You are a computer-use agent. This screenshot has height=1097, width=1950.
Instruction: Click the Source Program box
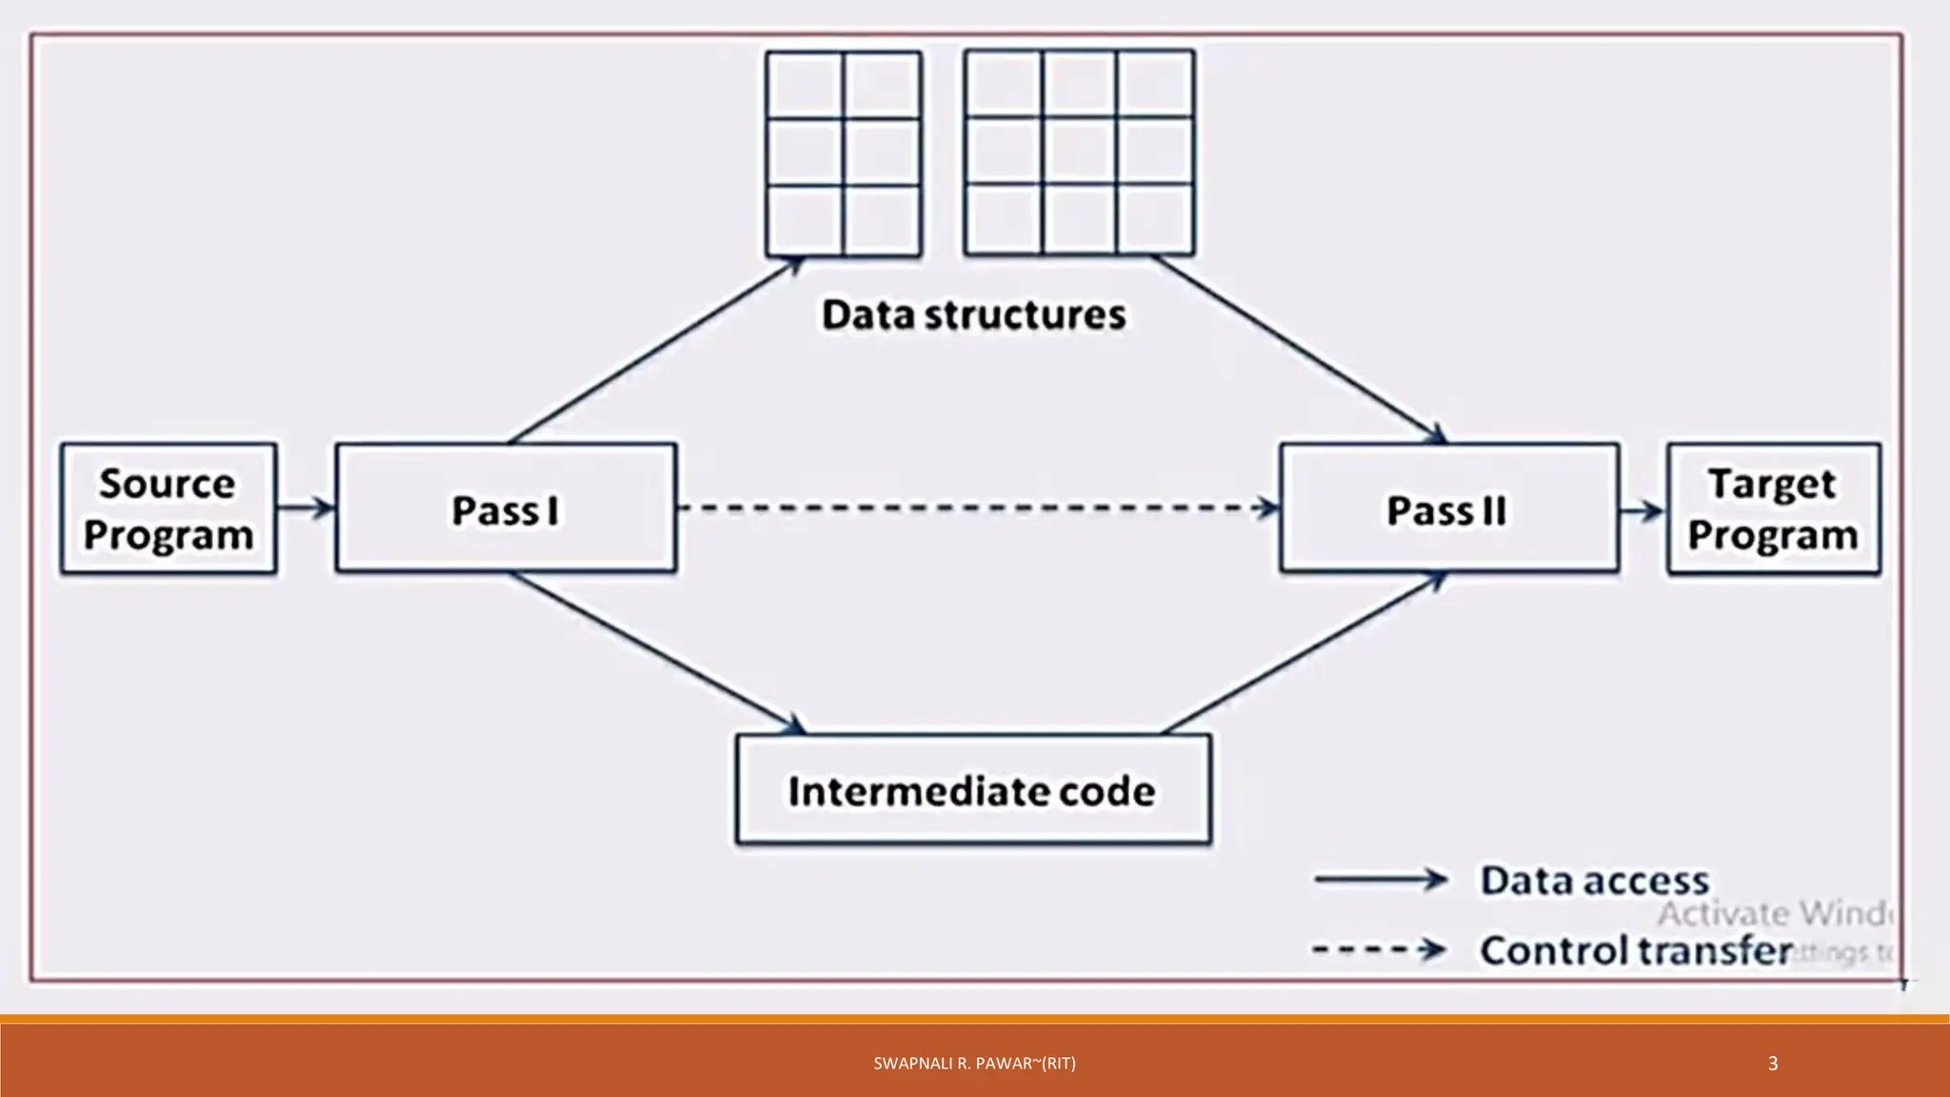(169, 509)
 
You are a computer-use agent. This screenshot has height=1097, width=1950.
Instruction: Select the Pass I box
(506, 509)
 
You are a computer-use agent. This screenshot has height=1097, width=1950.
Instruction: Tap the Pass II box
(1448, 509)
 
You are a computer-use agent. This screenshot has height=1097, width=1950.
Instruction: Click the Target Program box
(1773, 509)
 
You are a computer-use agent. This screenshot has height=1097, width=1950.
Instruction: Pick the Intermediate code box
(973, 790)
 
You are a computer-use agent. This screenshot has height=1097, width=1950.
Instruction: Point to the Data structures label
(973, 315)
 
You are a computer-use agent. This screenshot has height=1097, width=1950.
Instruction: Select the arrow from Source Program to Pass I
(306, 508)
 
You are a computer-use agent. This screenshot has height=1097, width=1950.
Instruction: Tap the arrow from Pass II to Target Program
(1642, 511)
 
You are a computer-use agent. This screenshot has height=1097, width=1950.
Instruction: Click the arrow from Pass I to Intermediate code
(657, 653)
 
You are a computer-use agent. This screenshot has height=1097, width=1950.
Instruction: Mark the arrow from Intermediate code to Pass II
(1304, 653)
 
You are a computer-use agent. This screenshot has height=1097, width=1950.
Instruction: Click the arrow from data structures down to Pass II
(1300, 349)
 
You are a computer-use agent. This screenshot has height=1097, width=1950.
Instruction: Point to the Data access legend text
(1594, 880)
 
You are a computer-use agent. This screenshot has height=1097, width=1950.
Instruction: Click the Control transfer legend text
(1635, 950)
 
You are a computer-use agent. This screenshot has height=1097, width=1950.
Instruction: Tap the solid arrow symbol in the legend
(1380, 879)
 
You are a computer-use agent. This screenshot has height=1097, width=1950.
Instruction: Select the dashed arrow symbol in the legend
(1378, 949)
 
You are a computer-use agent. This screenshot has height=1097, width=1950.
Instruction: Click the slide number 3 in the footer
(1772, 1064)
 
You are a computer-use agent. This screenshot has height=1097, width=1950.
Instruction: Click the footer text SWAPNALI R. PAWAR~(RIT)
(974, 1064)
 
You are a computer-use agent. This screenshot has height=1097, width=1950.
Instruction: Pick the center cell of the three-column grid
(1079, 152)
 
